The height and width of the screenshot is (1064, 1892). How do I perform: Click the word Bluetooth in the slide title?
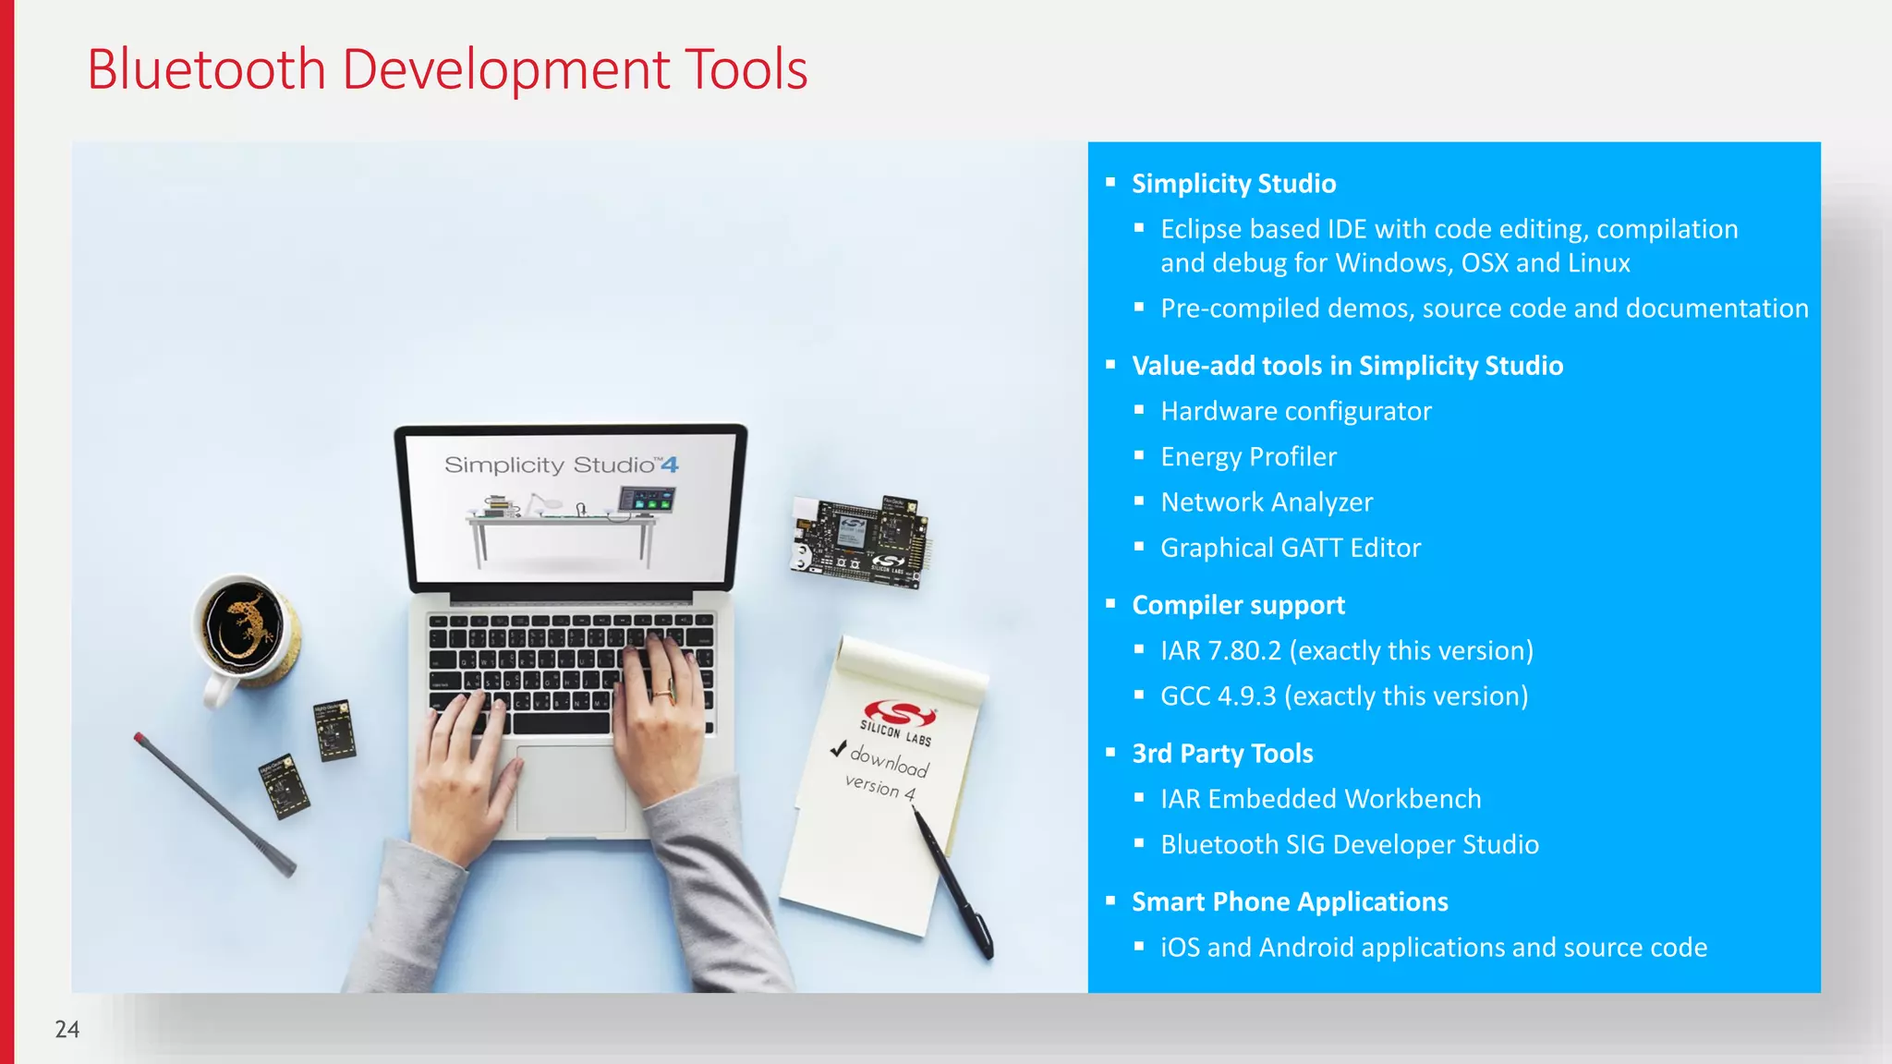pyautogui.click(x=206, y=70)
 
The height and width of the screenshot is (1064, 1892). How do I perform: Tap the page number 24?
pyautogui.click(x=67, y=1029)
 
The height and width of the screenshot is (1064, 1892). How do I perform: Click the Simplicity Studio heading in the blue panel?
pyautogui.click(x=1233, y=184)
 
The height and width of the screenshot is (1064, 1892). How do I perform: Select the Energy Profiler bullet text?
pyautogui.click(x=1248, y=456)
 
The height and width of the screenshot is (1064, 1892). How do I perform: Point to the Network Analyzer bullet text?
pyautogui.click(x=1267, y=502)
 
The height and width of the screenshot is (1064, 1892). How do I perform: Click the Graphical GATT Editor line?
pyautogui.click(x=1291, y=548)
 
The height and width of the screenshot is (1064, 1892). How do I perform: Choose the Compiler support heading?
pyautogui.click(x=1238, y=605)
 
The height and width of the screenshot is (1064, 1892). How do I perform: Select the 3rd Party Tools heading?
pyautogui.click(x=1222, y=754)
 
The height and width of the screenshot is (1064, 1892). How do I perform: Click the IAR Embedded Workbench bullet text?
pyautogui.click(x=1320, y=799)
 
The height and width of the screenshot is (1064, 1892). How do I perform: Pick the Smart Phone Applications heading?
pyautogui.click(x=1290, y=901)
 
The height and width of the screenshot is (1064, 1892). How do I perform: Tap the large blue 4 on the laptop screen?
pyautogui.click(x=670, y=465)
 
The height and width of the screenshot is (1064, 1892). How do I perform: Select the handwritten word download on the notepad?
pyautogui.click(x=890, y=761)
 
